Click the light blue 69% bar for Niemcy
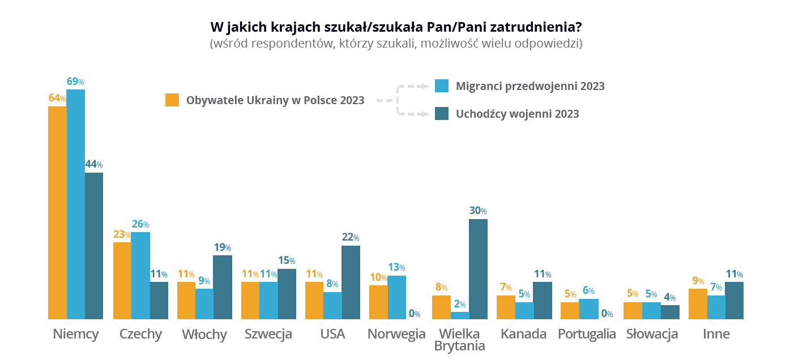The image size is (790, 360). [75, 204]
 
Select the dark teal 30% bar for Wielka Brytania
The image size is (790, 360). [478, 269]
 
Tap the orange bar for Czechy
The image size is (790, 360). [122, 281]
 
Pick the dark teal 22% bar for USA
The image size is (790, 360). [351, 282]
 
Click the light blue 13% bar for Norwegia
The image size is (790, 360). [396, 297]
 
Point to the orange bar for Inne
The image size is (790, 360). [698, 304]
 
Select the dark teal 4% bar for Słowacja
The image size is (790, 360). [670, 312]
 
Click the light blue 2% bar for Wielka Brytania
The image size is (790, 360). [460, 315]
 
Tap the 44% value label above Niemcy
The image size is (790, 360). [93, 165]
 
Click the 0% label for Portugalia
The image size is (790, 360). [607, 314]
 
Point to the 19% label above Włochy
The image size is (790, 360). [223, 247]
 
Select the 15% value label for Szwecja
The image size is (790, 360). [287, 260]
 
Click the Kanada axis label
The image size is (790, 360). [523, 334]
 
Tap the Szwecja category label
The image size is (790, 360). [268, 334]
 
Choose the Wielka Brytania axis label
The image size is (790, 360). [460, 339]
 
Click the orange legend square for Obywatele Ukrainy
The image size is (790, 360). [172, 100]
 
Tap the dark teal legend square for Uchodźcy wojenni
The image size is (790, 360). [442, 113]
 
